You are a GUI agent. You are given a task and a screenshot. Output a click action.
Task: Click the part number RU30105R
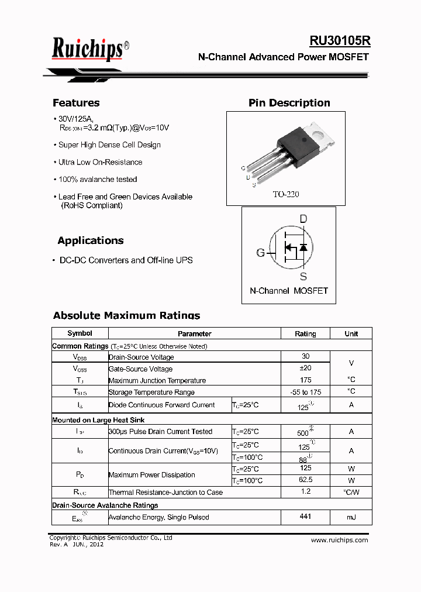pyautogui.click(x=340, y=41)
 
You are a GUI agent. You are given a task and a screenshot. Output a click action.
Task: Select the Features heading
pyautogui.click(x=76, y=103)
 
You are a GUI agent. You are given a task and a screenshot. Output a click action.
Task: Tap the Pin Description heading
pyautogui.click(x=289, y=103)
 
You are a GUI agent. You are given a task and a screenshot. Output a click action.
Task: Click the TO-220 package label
pyautogui.click(x=285, y=194)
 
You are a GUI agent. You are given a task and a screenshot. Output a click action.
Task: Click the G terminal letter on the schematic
pyautogui.click(x=261, y=253)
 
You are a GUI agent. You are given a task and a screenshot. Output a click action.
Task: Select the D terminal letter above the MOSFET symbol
pyautogui.click(x=303, y=219)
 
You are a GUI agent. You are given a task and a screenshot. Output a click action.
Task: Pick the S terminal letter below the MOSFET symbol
pyautogui.click(x=303, y=277)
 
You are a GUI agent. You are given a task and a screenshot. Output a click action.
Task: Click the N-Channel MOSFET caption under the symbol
pyautogui.click(x=289, y=291)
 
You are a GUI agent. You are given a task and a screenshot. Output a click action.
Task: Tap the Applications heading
pyautogui.click(x=91, y=240)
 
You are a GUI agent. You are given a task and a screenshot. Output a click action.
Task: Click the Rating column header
pyautogui.click(x=305, y=333)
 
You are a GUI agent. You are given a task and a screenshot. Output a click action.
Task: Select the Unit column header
pyautogui.click(x=351, y=333)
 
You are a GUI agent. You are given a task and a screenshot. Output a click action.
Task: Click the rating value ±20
pyautogui.click(x=305, y=368)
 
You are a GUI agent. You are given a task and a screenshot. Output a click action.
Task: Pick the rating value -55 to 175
pyautogui.click(x=305, y=392)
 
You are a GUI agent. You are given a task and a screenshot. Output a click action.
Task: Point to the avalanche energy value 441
pyautogui.click(x=305, y=517)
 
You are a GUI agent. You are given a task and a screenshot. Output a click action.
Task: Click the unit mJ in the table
pyautogui.click(x=351, y=517)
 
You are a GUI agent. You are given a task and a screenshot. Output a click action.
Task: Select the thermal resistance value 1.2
pyautogui.click(x=305, y=492)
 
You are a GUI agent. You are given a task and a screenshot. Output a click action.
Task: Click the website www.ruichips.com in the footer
pyautogui.click(x=339, y=540)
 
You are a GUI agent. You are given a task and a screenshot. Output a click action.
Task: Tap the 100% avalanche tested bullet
pyautogui.click(x=98, y=180)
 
